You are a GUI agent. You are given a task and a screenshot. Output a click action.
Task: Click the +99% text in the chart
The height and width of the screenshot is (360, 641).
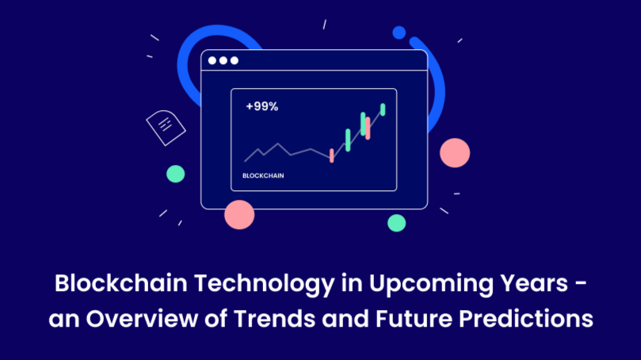(261, 106)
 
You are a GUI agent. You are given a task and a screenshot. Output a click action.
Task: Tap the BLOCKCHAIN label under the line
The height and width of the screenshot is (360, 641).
(263, 174)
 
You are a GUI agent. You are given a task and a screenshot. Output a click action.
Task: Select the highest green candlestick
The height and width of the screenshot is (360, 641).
(383, 109)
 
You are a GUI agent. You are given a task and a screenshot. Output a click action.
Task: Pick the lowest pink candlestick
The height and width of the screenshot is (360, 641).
(331, 155)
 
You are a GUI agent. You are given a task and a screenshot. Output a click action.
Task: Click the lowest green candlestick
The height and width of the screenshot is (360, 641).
(348, 140)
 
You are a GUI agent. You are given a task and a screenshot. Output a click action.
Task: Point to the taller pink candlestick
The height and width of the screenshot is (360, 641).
(368, 127)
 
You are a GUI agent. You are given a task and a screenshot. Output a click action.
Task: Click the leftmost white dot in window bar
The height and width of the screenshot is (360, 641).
(212, 60)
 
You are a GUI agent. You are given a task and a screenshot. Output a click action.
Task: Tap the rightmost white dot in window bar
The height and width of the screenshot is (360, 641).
(234, 60)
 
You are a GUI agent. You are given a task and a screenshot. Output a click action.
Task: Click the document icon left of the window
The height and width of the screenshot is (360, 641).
(166, 127)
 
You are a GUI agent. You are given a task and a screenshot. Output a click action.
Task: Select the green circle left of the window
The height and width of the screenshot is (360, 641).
(175, 174)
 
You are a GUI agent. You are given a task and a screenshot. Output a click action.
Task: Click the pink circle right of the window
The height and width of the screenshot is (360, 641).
(455, 152)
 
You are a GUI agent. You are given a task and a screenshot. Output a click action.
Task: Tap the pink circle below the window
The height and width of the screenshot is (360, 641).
(239, 214)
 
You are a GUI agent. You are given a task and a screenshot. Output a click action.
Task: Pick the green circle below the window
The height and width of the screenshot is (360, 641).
(396, 222)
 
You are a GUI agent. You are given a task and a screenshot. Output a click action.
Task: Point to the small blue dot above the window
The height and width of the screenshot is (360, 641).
(399, 33)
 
